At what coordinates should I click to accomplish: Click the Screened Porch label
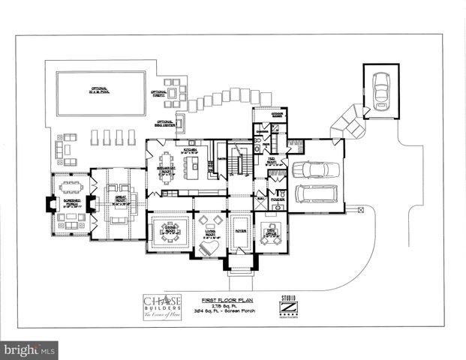pos(72,202)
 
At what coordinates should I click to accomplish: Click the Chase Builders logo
pos(162,306)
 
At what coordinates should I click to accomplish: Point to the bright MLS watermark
pos(29,349)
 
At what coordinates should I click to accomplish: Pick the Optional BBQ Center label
pos(165,123)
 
